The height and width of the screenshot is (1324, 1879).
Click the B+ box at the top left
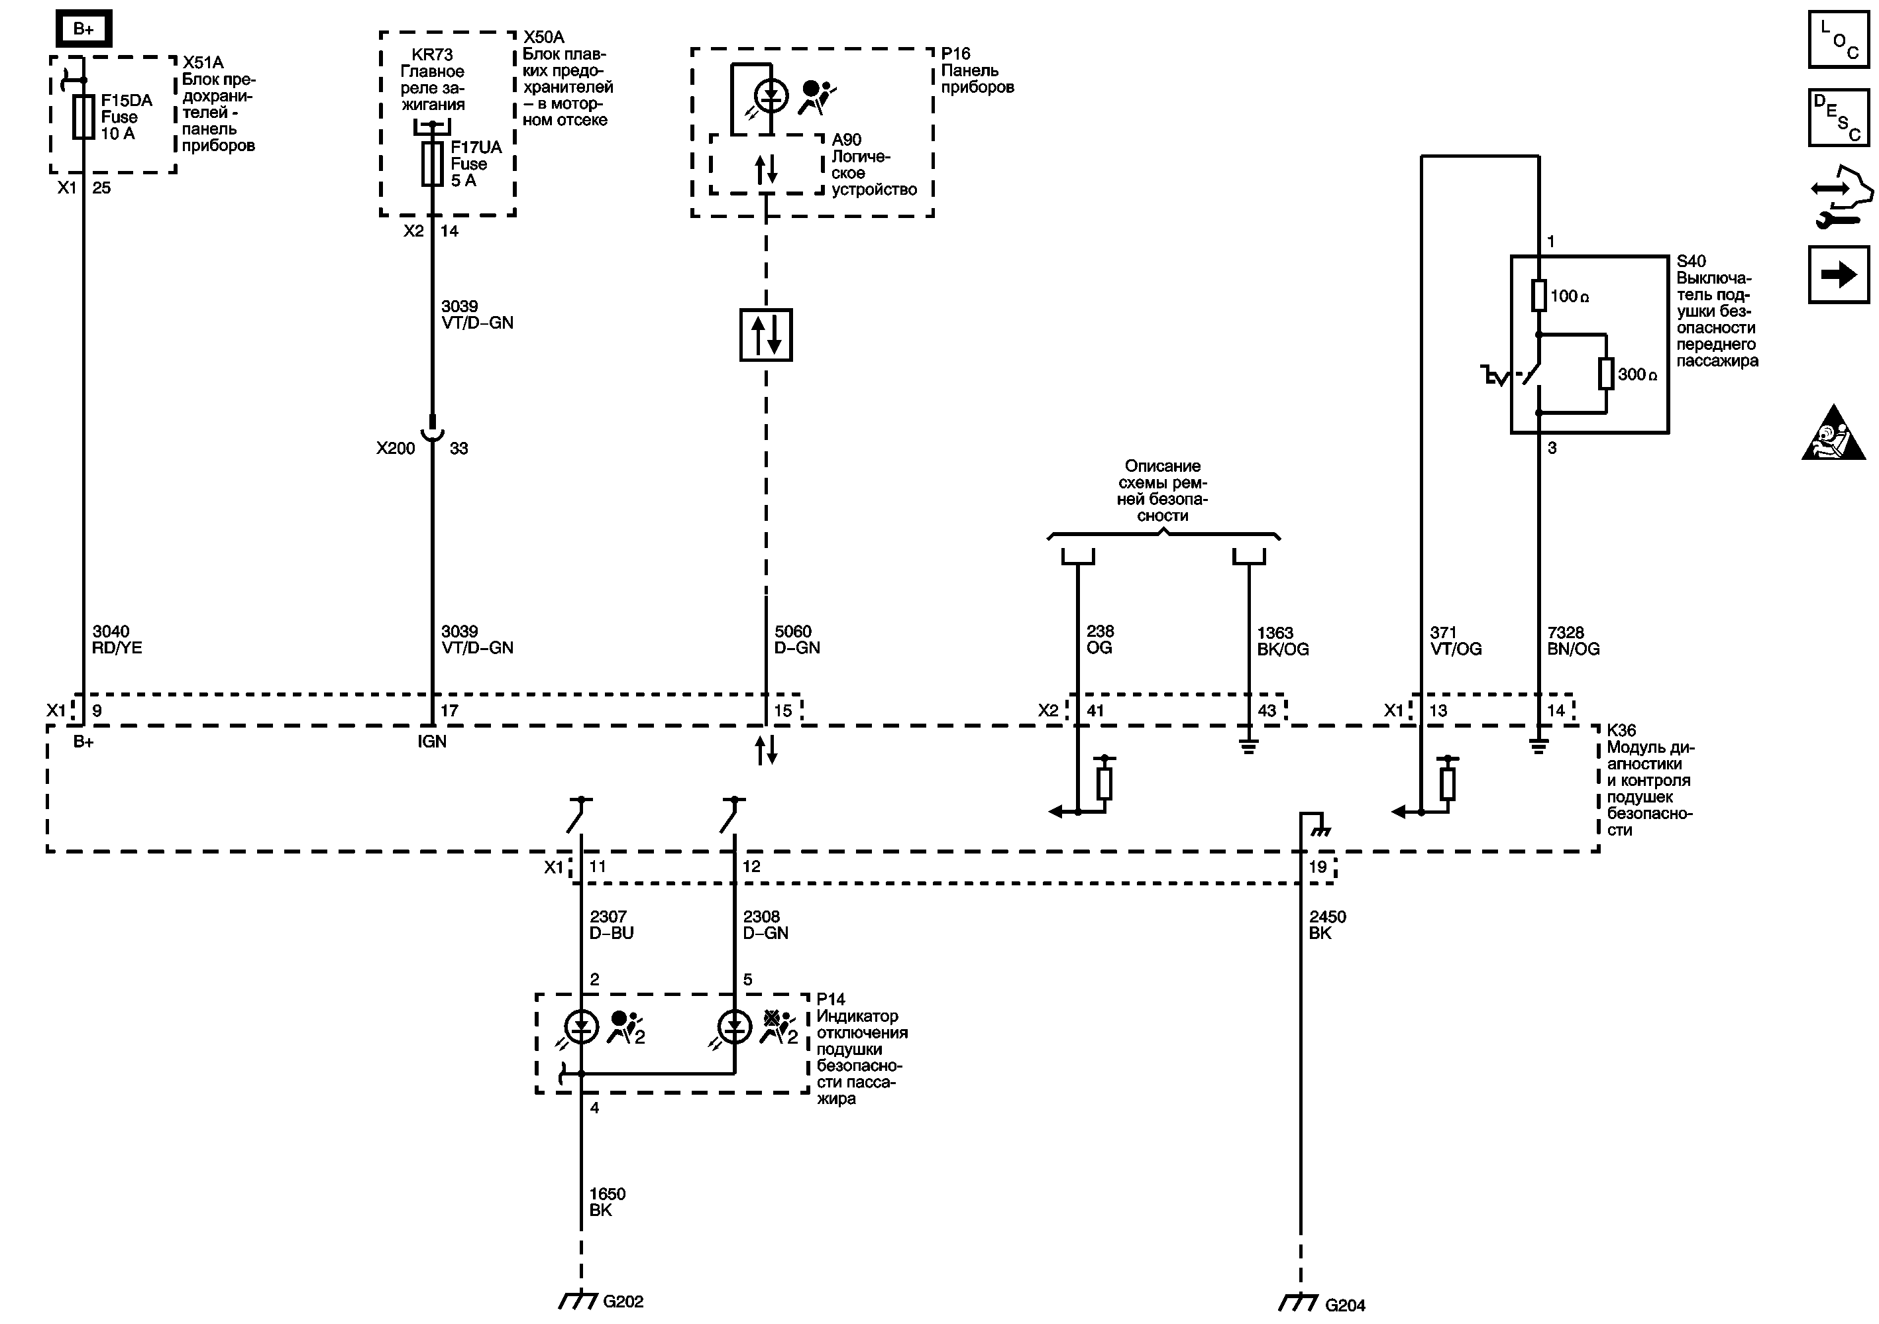click(x=83, y=29)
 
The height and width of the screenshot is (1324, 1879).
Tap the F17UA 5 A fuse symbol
click(x=432, y=164)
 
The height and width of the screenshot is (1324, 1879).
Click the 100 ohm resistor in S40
click(x=1538, y=296)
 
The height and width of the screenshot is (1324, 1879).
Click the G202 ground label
click(x=623, y=1301)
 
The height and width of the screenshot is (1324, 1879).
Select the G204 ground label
click(x=1344, y=1305)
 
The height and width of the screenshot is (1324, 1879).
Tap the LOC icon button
click(x=1839, y=39)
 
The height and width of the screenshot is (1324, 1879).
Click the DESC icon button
click(x=1839, y=117)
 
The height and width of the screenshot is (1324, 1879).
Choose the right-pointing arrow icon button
click(x=1839, y=274)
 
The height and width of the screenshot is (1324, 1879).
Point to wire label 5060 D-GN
click(x=796, y=639)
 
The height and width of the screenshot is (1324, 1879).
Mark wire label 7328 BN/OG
click(x=1573, y=641)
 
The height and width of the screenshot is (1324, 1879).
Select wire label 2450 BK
click(x=1326, y=924)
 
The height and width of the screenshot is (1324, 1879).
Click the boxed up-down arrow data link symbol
click(x=766, y=335)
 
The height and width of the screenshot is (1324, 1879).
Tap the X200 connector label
click(x=396, y=449)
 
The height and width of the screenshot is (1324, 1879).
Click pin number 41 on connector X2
click(x=1095, y=710)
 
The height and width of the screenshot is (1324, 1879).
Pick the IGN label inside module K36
click(x=432, y=742)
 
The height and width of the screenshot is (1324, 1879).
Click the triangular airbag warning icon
click(x=1834, y=433)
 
